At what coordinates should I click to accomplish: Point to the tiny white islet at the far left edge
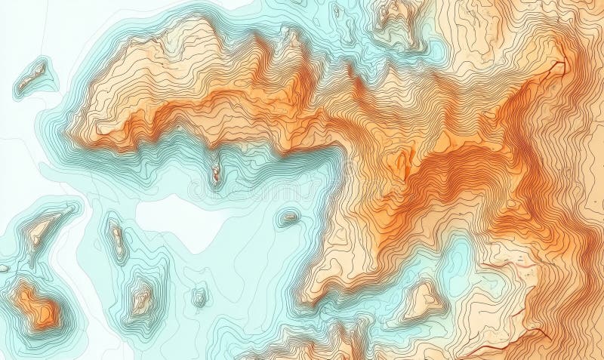pos(4,268)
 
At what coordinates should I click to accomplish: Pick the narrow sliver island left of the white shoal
pos(118,240)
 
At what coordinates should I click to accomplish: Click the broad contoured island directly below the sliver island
pos(141,299)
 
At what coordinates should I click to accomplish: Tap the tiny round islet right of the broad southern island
pos(199,297)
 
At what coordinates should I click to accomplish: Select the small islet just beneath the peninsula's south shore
pos(216,174)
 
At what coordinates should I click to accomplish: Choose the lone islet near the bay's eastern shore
pos(288,219)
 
